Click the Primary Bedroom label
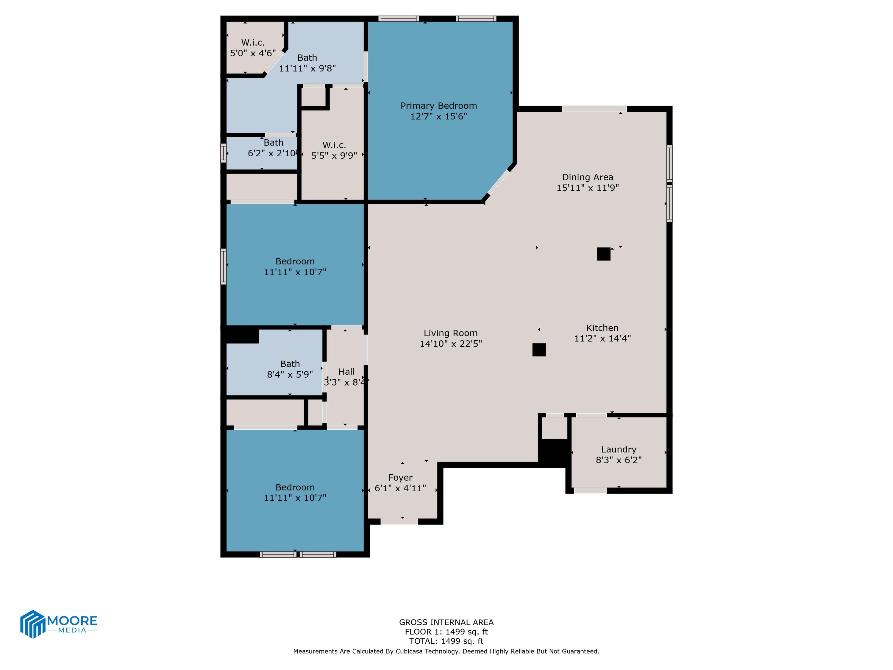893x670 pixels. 438,106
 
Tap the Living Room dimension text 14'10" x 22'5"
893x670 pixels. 451,344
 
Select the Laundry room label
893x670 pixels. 619,449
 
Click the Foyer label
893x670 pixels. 400,478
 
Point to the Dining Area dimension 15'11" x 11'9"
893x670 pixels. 587,188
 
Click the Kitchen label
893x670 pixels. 602,328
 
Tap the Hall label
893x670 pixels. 346,372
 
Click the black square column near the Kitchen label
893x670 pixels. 539,350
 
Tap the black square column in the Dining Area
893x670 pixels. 603,254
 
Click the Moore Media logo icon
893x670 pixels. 32,624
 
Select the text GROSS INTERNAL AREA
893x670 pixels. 446,622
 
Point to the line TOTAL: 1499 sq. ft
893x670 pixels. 446,641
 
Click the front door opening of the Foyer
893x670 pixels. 399,522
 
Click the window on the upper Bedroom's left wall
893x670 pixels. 223,267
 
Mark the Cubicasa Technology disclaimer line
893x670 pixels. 446,651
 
